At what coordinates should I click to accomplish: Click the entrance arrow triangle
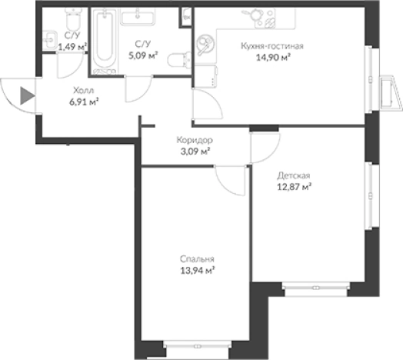[27, 96]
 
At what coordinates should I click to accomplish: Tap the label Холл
[84, 91]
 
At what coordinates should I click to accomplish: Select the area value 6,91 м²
[84, 102]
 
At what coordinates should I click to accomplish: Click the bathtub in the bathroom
[105, 41]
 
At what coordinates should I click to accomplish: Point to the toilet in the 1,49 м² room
[73, 19]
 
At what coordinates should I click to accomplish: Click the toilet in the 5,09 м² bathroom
[179, 61]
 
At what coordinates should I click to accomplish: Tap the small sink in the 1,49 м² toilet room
[49, 40]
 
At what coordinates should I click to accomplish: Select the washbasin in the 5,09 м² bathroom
[138, 17]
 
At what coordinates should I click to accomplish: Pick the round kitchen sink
[205, 43]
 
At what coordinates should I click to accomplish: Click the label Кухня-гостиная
[272, 46]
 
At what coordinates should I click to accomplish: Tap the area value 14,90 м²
[273, 58]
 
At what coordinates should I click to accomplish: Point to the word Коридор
[195, 140]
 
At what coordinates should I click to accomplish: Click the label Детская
[294, 175]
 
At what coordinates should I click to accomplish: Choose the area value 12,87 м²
[294, 187]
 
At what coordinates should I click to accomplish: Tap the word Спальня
[197, 259]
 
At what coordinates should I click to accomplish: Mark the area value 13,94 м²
[198, 271]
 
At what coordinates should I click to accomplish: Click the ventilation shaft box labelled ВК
[186, 17]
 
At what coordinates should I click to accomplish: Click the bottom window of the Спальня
[198, 346]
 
